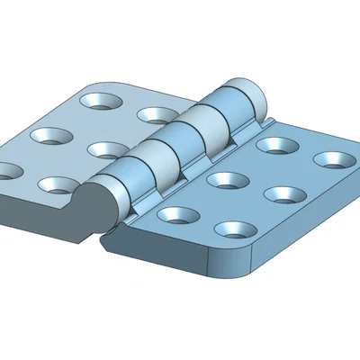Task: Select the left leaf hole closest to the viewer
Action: (56, 184)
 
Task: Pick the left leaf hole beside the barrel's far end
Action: (157, 115)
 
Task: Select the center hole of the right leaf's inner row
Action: (227, 178)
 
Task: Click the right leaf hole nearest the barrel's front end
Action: (177, 215)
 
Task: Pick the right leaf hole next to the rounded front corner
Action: (235, 229)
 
